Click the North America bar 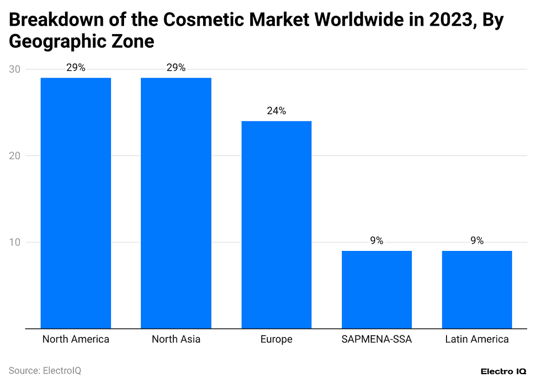(x=76, y=203)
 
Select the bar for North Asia (x=176, y=203)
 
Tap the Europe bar (x=276, y=225)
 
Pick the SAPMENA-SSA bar (x=376, y=290)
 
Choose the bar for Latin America (x=477, y=290)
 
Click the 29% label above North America (x=76, y=68)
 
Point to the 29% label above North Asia (x=176, y=68)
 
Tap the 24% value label (x=276, y=111)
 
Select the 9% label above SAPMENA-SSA (x=376, y=241)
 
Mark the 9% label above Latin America (x=477, y=241)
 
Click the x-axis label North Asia (x=176, y=339)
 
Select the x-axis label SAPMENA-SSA (x=376, y=339)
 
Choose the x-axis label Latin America (x=477, y=339)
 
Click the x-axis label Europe (x=276, y=339)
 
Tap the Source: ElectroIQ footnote (x=45, y=371)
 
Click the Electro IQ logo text (x=504, y=371)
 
